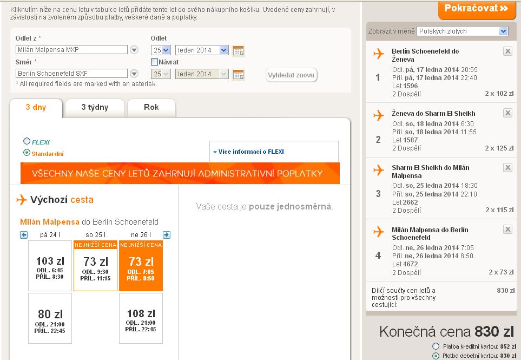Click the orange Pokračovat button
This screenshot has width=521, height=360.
click(477, 9)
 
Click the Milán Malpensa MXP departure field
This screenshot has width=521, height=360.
click(71, 49)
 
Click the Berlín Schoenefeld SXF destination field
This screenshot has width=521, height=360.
click(71, 74)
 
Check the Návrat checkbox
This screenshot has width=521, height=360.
click(154, 62)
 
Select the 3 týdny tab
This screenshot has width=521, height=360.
click(95, 108)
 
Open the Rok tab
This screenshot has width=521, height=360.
click(151, 108)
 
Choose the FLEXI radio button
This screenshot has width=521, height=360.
click(27, 141)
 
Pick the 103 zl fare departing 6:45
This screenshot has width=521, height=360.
click(50, 266)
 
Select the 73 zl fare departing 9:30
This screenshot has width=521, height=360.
click(95, 266)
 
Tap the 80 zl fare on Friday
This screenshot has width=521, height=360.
click(50, 318)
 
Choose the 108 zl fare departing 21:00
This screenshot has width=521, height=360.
click(141, 318)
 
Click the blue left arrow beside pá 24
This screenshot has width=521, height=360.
click(24, 235)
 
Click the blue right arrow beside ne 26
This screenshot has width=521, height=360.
click(167, 235)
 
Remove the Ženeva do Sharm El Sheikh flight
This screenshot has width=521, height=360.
click(507, 113)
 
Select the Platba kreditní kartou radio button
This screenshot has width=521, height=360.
click(436, 346)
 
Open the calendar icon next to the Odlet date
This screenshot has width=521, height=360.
click(238, 50)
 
